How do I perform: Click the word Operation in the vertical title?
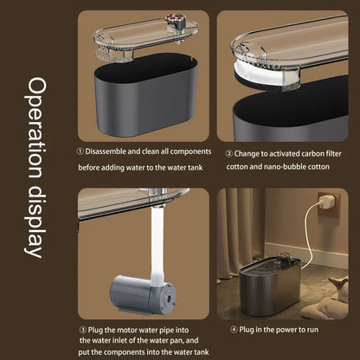35,127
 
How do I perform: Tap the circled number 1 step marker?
80,151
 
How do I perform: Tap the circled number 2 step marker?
229,154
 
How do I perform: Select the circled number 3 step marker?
83,330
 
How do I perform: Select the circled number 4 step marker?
234,330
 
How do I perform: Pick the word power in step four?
286,330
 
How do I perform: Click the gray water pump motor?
142,295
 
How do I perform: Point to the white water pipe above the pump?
157,246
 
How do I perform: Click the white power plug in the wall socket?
327,201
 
